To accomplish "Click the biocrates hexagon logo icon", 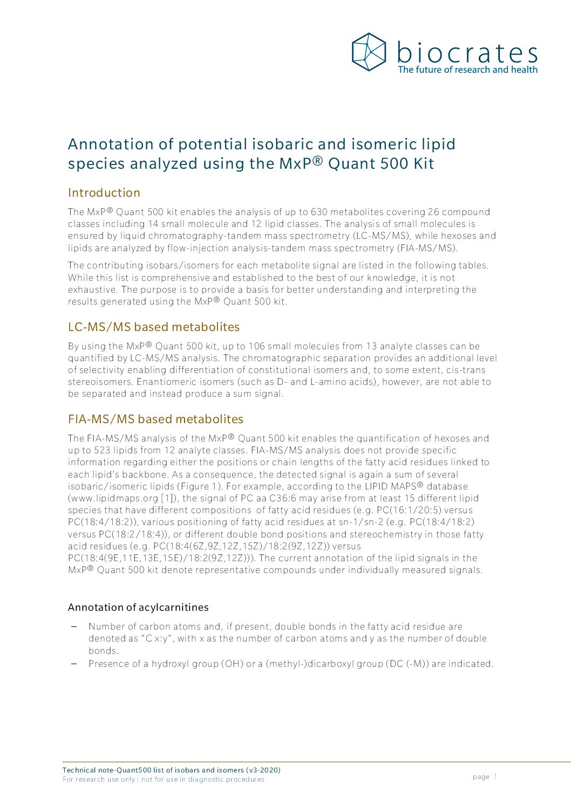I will [x=369, y=52].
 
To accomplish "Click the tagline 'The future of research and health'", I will [x=467, y=70].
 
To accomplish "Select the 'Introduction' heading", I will [x=104, y=193].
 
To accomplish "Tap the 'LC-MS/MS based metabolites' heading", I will [x=154, y=327].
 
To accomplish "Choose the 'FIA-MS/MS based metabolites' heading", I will [x=155, y=419].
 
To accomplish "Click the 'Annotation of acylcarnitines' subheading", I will [x=138, y=608].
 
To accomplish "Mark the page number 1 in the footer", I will [x=495, y=777].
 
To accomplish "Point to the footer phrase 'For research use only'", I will [x=99, y=780].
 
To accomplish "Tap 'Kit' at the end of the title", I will [x=424, y=164].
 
